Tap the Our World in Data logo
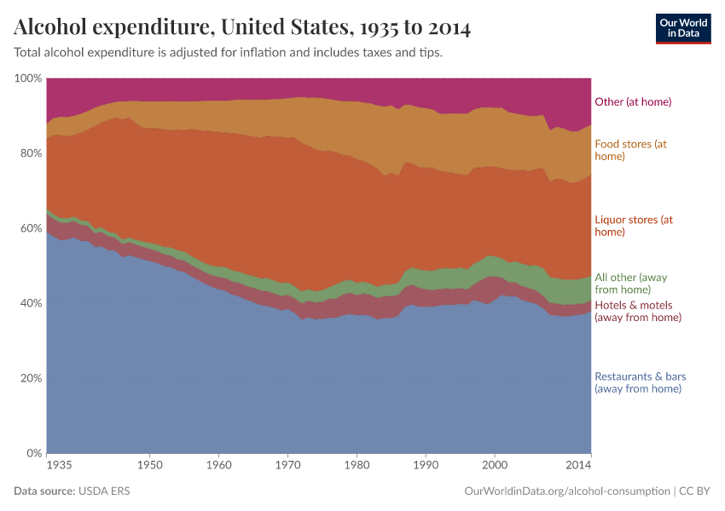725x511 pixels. coord(682,28)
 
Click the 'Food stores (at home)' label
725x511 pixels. coord(630,150)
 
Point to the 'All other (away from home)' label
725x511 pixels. coord(633,283)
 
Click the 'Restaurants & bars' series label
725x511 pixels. coord(640,382)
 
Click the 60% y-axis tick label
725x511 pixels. coord(31,228)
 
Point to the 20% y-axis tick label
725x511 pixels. coord(31,378)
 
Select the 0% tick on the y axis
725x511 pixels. coord(34,453)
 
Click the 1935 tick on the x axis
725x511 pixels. coord(60,466)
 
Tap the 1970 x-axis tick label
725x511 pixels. coord(287,466)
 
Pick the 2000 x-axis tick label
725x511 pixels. coord(494,466)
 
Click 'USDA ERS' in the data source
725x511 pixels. coord(104,491)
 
